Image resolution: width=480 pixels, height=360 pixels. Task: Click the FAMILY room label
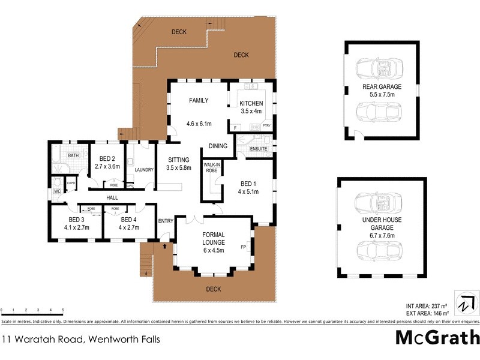(x=198, y=101)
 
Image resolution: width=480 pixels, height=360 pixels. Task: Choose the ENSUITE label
(x=258, y=148)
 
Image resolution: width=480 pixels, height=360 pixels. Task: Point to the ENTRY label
(x=166, y=221)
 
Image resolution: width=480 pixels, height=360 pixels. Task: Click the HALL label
(x=112, y=197)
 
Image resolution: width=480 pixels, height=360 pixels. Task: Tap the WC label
(x=58, y=191)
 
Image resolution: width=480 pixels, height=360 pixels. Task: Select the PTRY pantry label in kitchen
(x=267, y=125)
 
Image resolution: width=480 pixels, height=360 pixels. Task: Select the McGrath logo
(x=437, y=337)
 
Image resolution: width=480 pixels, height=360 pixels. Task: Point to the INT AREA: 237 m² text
(x=422, y=305)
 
